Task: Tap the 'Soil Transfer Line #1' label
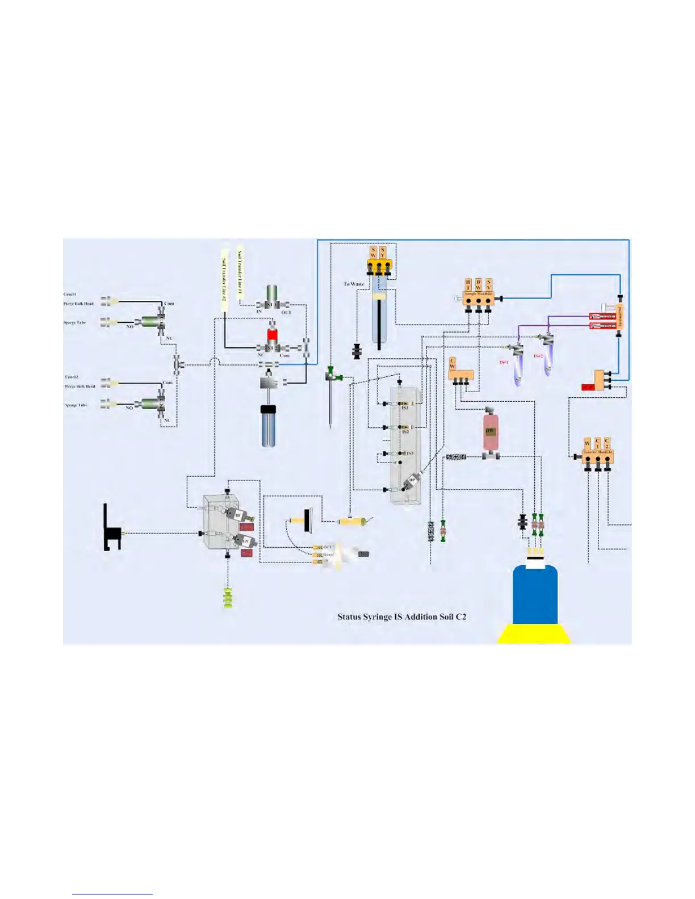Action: (x=240, y=275)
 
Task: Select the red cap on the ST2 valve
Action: (x=272, y=334)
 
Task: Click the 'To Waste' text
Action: (x=354, y=284)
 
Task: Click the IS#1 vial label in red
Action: (x=504, y=362)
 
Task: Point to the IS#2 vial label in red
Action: (x=538, y=356)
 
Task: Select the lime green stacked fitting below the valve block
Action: (x=228, y=598)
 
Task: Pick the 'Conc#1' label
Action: (x=70, y=294)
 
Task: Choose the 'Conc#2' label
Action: (x=72, y=376)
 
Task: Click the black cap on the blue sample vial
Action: (x=268, y=409)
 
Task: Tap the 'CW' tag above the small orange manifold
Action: (x=452, y=363)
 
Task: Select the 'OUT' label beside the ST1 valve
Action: (x=286, y=312)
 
